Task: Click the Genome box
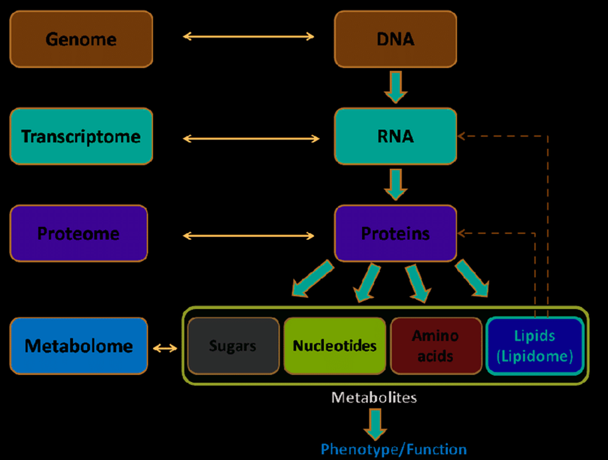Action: (81, 39)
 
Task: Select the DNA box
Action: (396, 39)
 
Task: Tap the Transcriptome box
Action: (81, 136)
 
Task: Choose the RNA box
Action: (396, 136)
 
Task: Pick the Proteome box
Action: (79, 234)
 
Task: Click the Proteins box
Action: (396, 234)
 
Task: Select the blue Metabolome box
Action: (79, 345)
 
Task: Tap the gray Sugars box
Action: (233, 345)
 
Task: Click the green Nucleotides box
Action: (335, 345)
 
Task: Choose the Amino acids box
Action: (436, 345)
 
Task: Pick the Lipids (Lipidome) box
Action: (535, 345)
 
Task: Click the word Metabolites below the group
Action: (374, 397)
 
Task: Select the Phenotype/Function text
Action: (394, 450)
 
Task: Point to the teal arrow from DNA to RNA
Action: (396, 87)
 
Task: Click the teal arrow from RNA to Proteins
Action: (396, 184)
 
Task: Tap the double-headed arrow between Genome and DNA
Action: (248, 36)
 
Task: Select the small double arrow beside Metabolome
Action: (165, 349)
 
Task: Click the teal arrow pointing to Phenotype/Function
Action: (375, 425)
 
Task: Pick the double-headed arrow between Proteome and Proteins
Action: (248, 235)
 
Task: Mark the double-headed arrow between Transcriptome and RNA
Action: (252, 138)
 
